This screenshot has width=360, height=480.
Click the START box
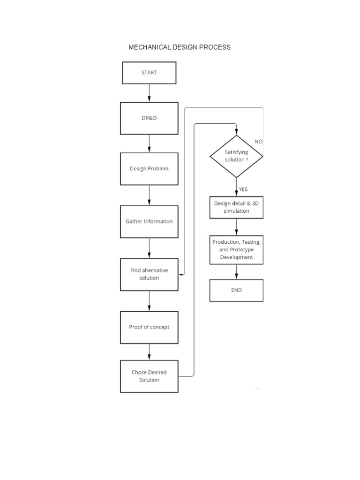[149, 73]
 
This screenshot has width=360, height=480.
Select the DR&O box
[149, 118]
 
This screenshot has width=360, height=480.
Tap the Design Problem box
[149, 168]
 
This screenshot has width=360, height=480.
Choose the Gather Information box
[149, 221]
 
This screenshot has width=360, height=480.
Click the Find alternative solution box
[149, 274]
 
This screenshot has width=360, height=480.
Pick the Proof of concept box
[149, 327]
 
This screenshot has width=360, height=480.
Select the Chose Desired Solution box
[149, 376]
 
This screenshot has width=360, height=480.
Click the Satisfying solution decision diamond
[236, 156]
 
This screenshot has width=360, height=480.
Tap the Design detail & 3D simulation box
[236, 207]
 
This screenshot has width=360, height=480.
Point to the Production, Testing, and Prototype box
[236, 250]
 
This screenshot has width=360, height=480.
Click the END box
[236, 290]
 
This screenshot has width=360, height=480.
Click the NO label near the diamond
[259, 141]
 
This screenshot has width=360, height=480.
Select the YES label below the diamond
[243, 189]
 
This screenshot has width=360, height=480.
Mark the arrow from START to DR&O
[149, 93]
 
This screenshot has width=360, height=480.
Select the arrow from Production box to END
[236, 272]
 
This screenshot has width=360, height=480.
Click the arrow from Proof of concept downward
[149, 352]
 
